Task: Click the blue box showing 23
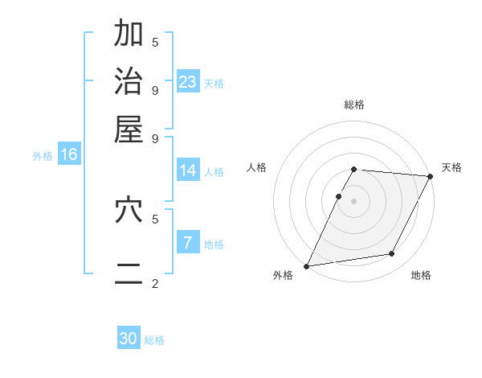(x=188, y=82)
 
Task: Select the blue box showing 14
(x=188, y=171)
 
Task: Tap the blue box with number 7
(x=188, y=243)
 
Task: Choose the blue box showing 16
(x=69, y=155)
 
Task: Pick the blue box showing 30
(x=129, y=339)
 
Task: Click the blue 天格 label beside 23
(x=214, y=84)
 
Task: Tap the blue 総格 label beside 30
(x=154, y=340)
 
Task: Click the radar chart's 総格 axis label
(x=354, y=105)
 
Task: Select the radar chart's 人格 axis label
(x=257, y=167)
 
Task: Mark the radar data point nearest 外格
(x=306, y=266)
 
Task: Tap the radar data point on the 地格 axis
(x=392, y=254)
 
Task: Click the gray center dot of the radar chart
(x=354, y=200)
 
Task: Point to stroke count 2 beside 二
(x=155, y=283)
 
